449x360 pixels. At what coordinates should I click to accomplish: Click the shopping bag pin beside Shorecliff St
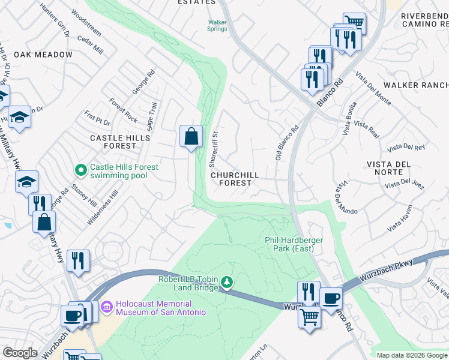190,136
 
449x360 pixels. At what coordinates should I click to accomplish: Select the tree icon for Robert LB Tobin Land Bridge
226,281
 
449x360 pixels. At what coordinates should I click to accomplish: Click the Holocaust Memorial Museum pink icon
107,308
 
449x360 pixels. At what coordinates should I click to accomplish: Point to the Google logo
20,353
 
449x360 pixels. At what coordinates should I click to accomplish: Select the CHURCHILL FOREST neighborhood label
235,179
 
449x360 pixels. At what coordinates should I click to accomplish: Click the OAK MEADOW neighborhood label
43,55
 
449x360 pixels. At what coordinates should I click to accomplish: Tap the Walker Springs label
217,25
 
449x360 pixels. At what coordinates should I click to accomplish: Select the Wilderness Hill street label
103,208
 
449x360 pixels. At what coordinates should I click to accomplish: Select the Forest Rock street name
124,111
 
